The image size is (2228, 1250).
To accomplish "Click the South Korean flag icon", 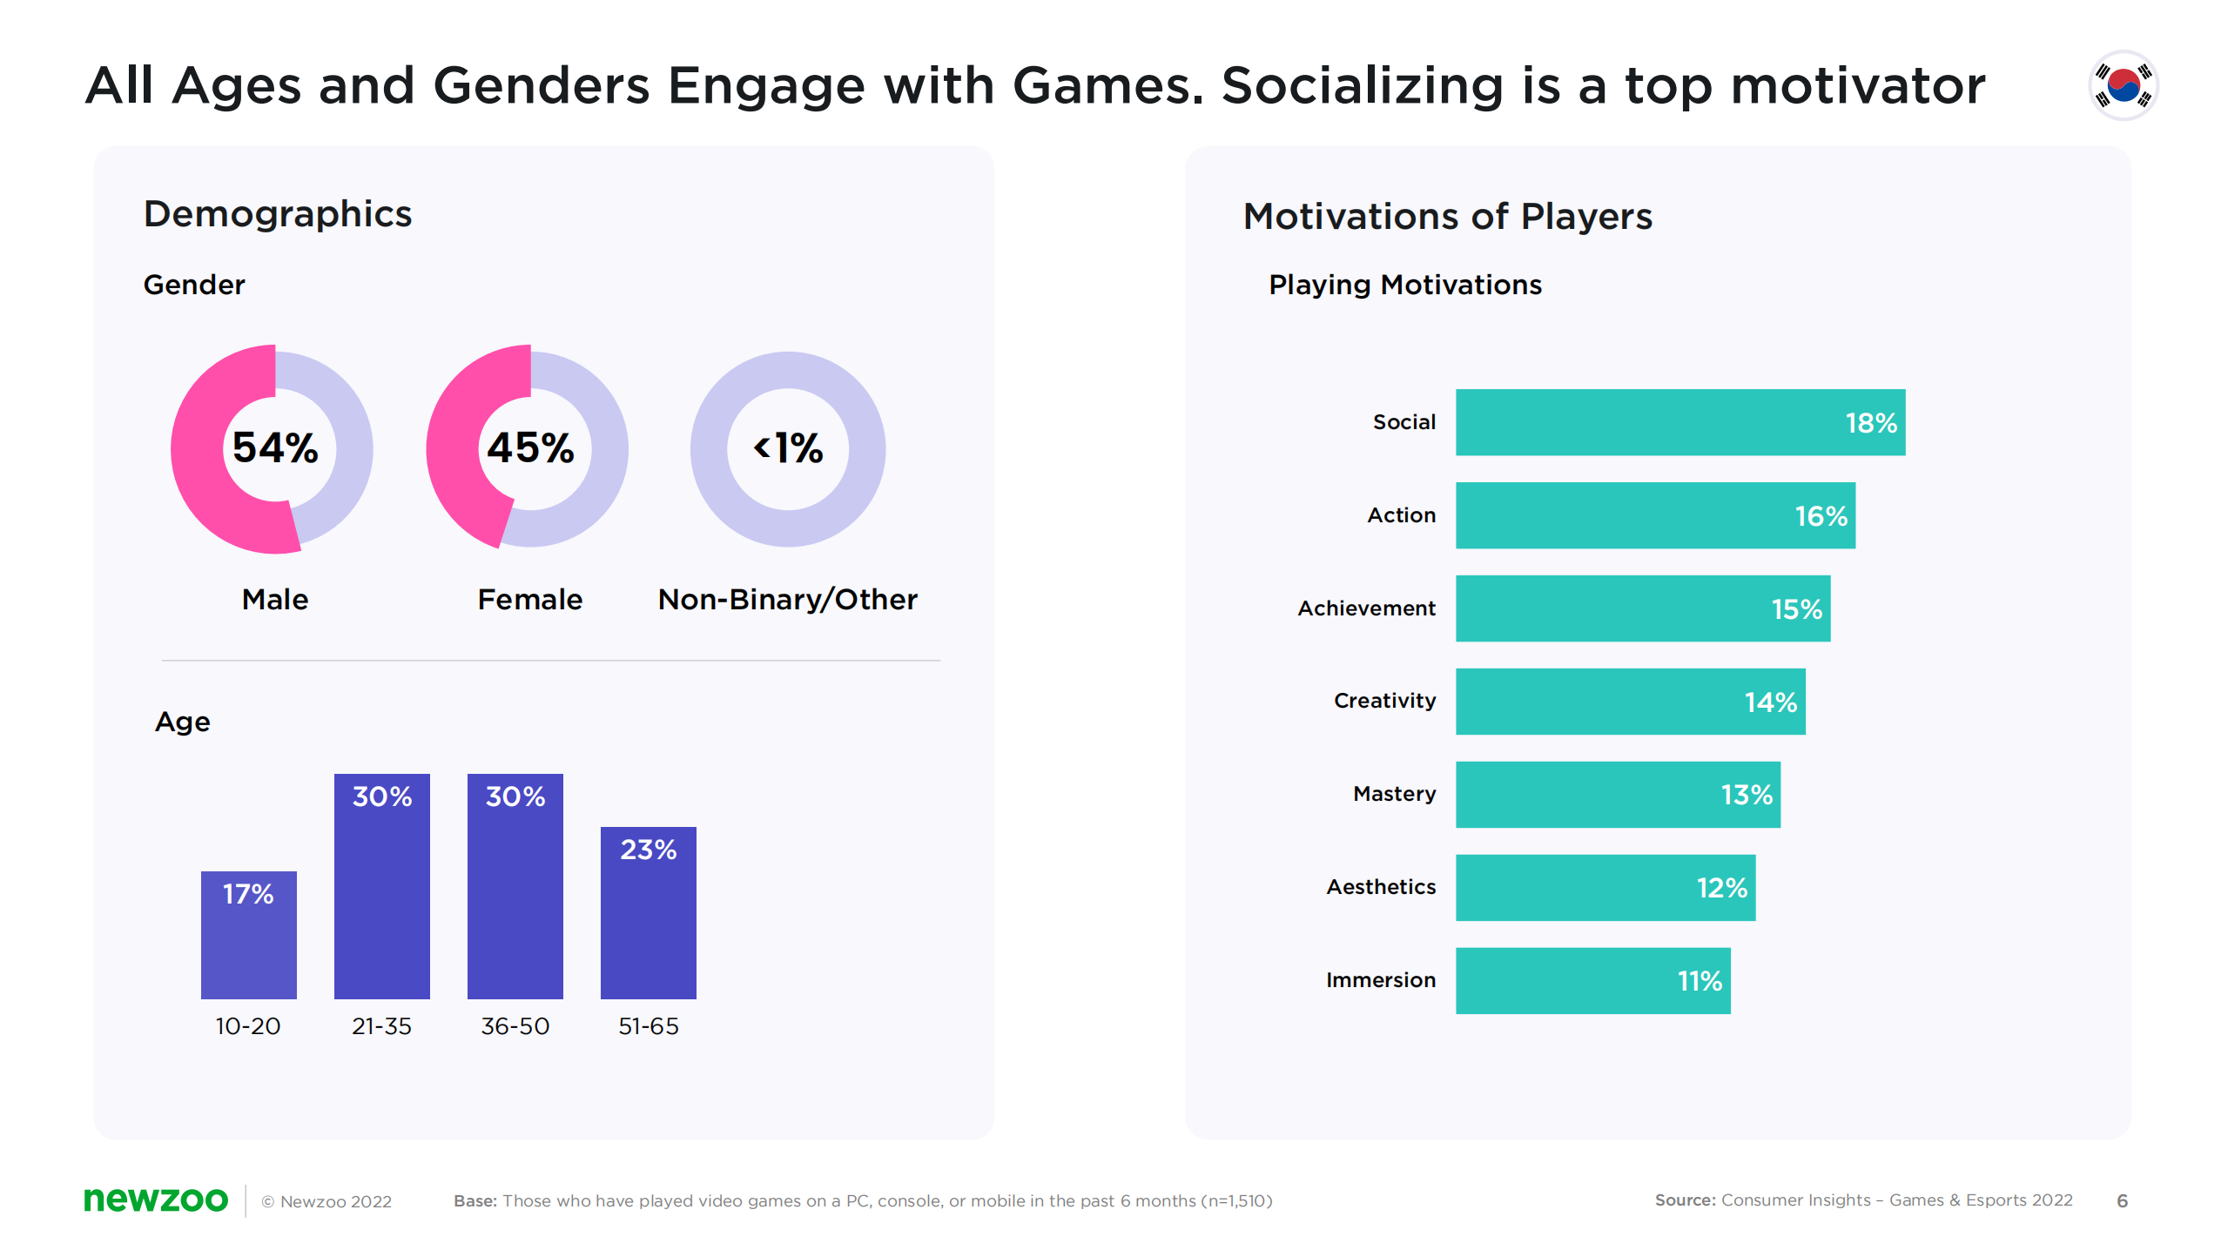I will click(2123, 85).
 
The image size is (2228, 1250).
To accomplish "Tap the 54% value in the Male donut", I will click(275, 448).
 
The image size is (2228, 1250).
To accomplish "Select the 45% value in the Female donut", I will click(530, 448).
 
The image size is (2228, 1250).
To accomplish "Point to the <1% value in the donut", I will click(788, 448).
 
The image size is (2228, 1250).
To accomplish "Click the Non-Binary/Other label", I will click(787, 600).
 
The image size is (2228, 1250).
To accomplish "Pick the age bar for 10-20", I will click(248, 935).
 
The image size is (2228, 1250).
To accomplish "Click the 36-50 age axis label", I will click(515, 1026).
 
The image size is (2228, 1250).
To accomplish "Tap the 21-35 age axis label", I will click(381, 1026).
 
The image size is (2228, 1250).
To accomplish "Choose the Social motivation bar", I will click(1679, 422).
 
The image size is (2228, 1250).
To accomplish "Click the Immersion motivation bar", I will click(1592, 980).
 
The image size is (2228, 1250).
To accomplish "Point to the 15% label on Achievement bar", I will click(1796, 609).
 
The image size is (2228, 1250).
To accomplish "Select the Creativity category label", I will click(1384, 701).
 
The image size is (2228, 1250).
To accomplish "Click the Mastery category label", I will click(1394, 794).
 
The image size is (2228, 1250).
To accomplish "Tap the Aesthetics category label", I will click(1381, 887).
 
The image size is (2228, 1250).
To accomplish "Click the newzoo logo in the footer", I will click(156, 1200).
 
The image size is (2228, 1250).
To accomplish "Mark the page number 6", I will click(2122, 1201).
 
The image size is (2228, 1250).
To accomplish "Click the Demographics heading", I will click(278, 214).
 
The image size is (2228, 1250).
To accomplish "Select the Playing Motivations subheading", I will click(1404, 285).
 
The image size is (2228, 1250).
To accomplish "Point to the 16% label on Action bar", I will click(1821, 516).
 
